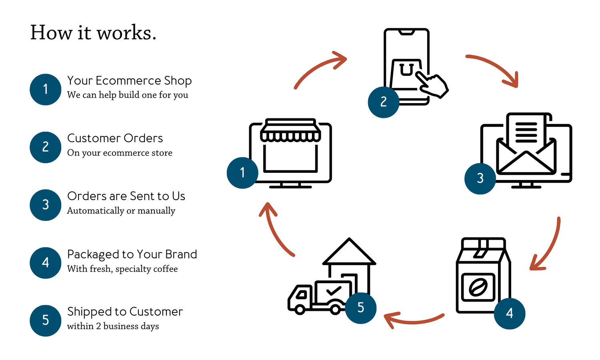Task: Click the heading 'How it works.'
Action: [x=93, y=33]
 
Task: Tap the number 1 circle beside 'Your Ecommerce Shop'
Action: [x=46, y=90]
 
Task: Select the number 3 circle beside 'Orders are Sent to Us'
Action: [x=46, y=205]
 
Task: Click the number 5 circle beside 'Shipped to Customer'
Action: [x=46, y=321]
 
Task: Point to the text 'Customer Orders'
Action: [x=115, y=138]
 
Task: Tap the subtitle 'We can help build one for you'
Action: [x=128, y=95]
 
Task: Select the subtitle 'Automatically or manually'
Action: [x=121, y=210]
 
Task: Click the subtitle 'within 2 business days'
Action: [x=113, y=326]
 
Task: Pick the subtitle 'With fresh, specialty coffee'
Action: [x=122, y=269]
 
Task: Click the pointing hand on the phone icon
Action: [x=432, y=84]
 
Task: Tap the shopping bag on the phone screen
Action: [x=405, y=74]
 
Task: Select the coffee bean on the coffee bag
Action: [x=478, y=287]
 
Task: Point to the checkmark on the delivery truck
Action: [x=334, y=291]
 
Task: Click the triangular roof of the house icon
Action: [x=349, y=251]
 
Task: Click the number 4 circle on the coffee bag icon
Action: [x=510, y=314]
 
